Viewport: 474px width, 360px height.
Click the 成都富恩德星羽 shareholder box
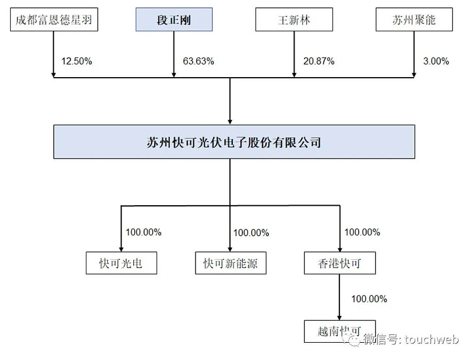(x=54, y=20)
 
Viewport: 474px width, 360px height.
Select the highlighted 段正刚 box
(x=174, y=20)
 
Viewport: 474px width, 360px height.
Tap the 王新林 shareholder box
(x=294, y=20)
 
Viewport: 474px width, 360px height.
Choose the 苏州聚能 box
(x=414, y=20)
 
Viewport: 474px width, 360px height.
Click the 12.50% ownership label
(x=77, y=61)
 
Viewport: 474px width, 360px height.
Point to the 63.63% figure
(x=198, y=61)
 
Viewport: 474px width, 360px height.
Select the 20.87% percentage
(x=319, y=61)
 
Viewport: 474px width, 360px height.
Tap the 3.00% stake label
(x=436, y=61)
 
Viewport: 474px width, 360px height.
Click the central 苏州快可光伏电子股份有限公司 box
(x=234, y=142)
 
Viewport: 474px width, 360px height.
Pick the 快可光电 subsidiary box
(x=121, y=263)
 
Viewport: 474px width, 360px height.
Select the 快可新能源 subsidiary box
(x=230, y=263)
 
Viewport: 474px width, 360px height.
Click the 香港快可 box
(x=340, y=263)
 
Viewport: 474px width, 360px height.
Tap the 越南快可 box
(x=340, y=332)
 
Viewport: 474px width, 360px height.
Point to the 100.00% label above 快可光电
(x=143, y=232)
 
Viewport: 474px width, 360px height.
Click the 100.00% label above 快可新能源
(x=251, y=232)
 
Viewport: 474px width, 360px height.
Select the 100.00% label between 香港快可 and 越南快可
(x=369, y=299)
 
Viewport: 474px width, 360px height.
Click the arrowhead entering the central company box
(x=230, y=122)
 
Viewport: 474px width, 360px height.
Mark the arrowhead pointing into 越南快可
(x=340, y=317)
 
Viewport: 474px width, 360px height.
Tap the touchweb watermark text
(x=432, y=339)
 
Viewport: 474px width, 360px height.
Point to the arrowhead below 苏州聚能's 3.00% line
(x=414, y=75)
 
